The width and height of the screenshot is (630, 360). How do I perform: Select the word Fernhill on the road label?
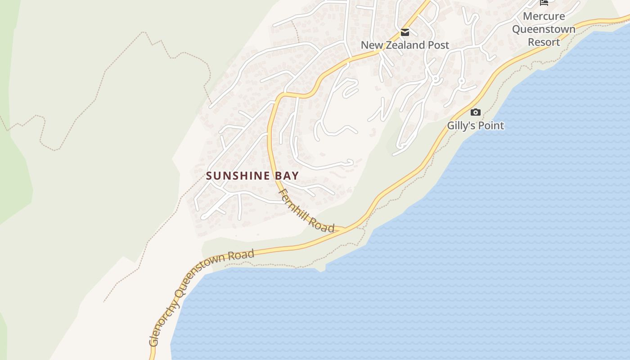point(295,205)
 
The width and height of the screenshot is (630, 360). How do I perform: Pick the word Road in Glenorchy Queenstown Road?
point(241,255)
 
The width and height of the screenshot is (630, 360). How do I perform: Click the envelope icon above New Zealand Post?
point(405,32)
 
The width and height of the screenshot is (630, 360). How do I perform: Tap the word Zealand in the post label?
point(405,45)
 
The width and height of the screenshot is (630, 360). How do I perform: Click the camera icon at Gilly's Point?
point(475,112)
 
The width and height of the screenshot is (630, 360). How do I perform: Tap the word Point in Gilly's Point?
point(491,126)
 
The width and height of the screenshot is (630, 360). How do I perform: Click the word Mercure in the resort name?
point(544,16)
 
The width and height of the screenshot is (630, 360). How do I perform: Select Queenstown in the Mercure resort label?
point(544,29)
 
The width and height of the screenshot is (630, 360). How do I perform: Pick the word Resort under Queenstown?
point(544,42)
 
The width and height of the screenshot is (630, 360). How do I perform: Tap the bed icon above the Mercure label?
point(544,2)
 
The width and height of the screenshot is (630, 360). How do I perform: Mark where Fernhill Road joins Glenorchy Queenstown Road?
point(344,230)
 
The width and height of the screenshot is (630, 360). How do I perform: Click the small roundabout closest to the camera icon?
point(461,81)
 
